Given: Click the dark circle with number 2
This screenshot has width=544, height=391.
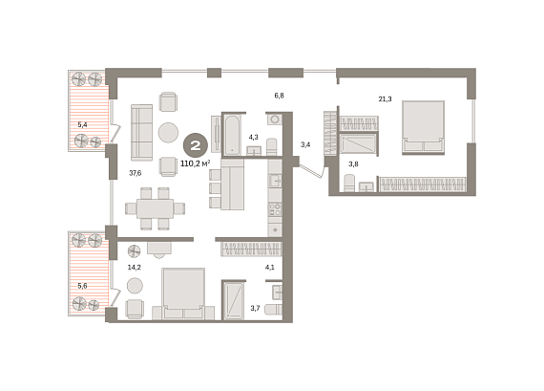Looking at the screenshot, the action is (x=196, y=145).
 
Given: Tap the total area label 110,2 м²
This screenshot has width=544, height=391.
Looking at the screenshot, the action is (x=196, y=163).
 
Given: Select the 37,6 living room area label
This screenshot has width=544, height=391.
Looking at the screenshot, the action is (x=136, y=173).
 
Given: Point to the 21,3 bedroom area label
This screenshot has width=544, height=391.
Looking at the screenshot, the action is (x=385, y=99).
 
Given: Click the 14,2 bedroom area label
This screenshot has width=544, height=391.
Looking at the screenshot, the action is (x=134, y=268).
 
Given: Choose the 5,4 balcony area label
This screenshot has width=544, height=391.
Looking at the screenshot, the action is (x=83, y=124).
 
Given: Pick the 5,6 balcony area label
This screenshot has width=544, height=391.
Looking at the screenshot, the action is (x=83, y=286).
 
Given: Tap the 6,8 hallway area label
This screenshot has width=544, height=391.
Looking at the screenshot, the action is (x=280, y=96).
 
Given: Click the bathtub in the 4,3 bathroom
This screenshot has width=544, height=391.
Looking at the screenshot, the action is (x=232, y=135).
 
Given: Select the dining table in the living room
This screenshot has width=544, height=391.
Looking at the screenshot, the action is (x=155, y=208).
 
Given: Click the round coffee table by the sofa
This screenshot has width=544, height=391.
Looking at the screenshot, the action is (x=168, y=133).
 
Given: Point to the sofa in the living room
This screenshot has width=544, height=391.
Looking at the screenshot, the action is (x=141, y=133).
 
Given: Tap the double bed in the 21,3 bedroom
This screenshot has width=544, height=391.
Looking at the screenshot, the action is (x=423, y=127).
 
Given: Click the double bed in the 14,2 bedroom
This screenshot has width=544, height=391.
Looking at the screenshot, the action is (x=183, y=293).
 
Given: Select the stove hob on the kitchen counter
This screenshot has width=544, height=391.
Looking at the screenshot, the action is (x=275, y=209).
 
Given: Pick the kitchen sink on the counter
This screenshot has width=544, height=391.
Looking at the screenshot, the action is (x=275, y=180).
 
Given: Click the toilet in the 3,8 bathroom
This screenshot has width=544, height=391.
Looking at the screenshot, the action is (x=349, y=183).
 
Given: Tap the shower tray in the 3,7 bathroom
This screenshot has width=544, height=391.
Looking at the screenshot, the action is (x=233, y=300).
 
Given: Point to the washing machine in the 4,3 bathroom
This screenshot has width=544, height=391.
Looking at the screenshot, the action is (x=275, y=119).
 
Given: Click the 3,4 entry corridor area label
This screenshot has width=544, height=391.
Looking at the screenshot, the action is (x=305, y=144).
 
